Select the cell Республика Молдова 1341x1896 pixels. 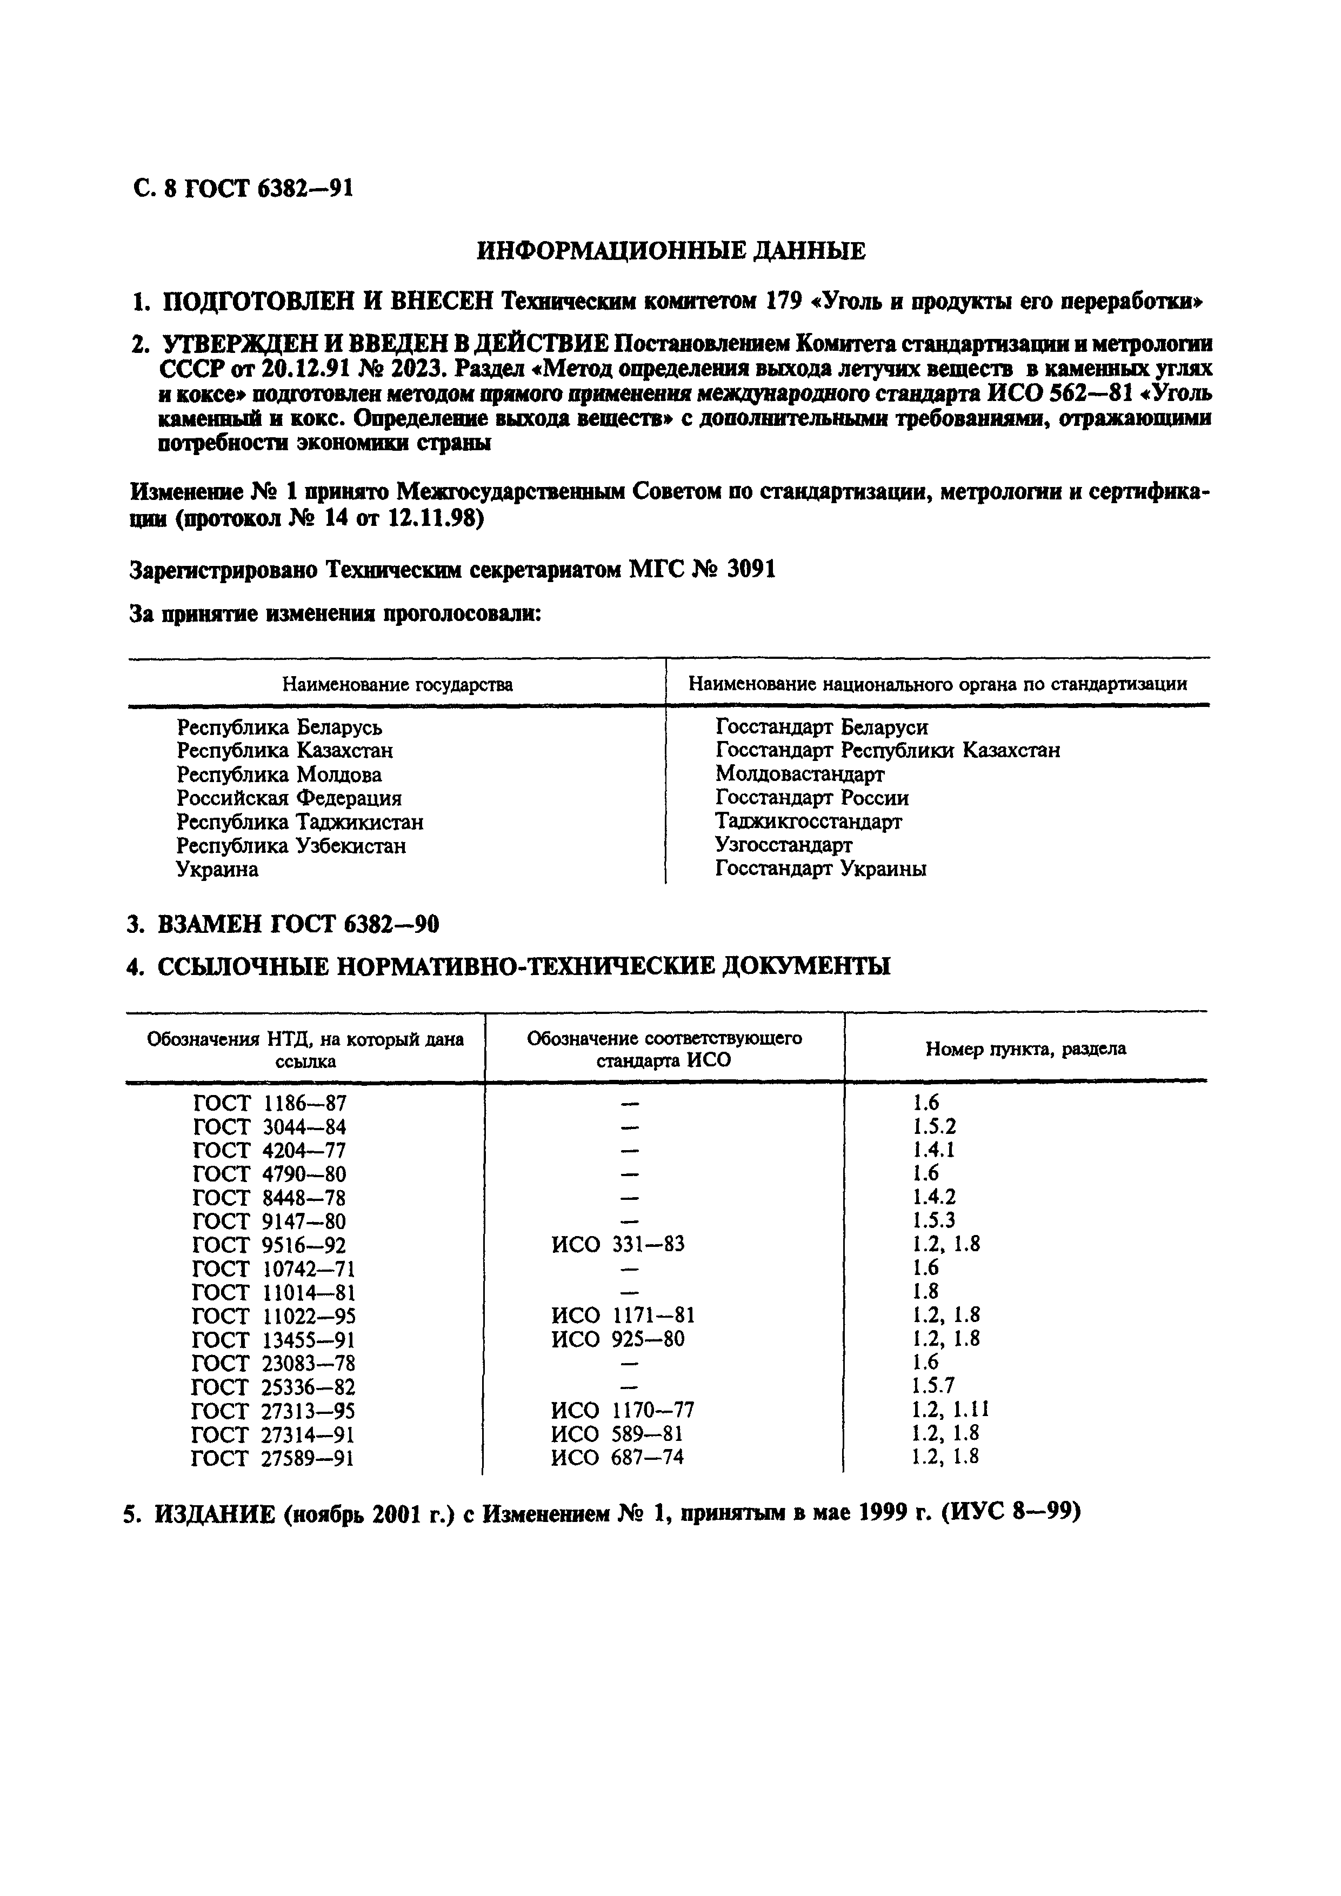tap(279, 775)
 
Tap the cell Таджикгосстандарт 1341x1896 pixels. tap(809, 822)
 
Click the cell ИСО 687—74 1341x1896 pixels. tap(617, 1458)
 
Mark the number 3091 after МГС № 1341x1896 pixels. tap(751, 570)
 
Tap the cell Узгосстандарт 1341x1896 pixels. tap(784, 845)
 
